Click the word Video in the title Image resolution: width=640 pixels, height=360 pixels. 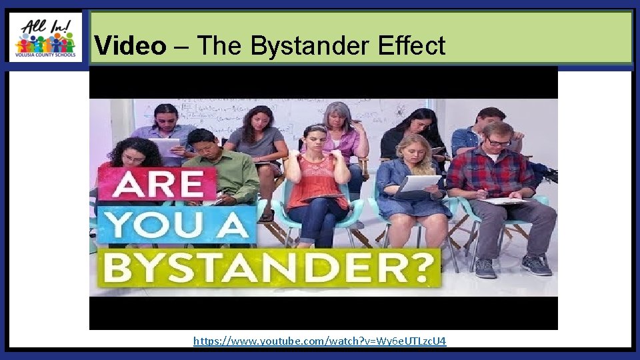click(130, 46)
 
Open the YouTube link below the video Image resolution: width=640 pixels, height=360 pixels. click(319, 341)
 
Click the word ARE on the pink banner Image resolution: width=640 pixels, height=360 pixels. click(157, 184)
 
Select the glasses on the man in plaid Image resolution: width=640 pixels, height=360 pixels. click(498, 142)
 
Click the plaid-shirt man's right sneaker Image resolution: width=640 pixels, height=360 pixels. click(537, 265)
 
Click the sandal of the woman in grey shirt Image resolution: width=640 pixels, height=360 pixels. click(267, 215)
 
